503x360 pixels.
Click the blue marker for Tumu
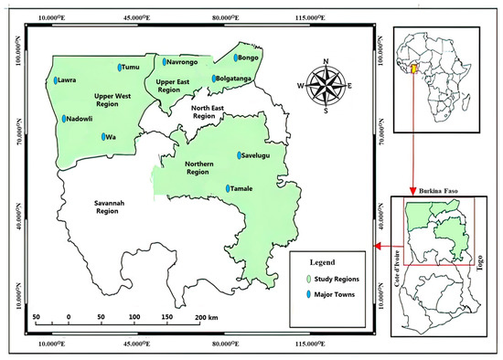pos(120,67)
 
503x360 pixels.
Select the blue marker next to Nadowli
pos(64,119)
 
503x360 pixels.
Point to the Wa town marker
pos(102,138)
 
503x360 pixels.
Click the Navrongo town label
pos(183,62)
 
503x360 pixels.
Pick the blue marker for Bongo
pos(234,58)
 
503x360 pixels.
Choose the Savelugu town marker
pos(239,155)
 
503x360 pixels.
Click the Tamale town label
pos(243,189)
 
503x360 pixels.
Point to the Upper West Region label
pos(118,100)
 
